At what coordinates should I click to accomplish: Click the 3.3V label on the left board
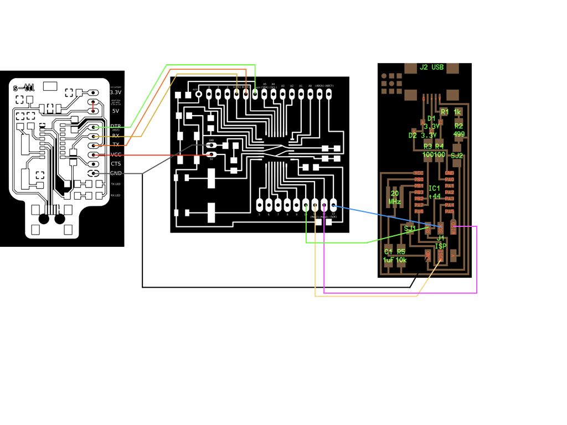115,92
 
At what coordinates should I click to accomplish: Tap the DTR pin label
116,127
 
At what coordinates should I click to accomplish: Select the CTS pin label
116,164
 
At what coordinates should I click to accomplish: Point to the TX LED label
116,184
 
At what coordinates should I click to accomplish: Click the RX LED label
116,195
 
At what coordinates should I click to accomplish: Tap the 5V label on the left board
115,111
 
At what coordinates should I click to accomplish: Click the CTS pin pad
95,164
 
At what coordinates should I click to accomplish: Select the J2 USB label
432,68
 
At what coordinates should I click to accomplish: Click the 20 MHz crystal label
395,198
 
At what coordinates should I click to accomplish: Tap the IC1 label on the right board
434,189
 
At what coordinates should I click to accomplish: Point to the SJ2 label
457,156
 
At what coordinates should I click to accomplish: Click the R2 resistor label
458,126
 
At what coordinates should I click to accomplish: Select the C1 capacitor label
388,252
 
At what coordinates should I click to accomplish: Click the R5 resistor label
401,252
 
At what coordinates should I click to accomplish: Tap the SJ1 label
410,229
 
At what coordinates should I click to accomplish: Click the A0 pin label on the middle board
310,86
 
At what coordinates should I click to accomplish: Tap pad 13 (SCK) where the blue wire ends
333,205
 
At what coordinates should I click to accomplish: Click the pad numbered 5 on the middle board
260,205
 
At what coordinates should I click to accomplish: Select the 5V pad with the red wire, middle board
211,154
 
